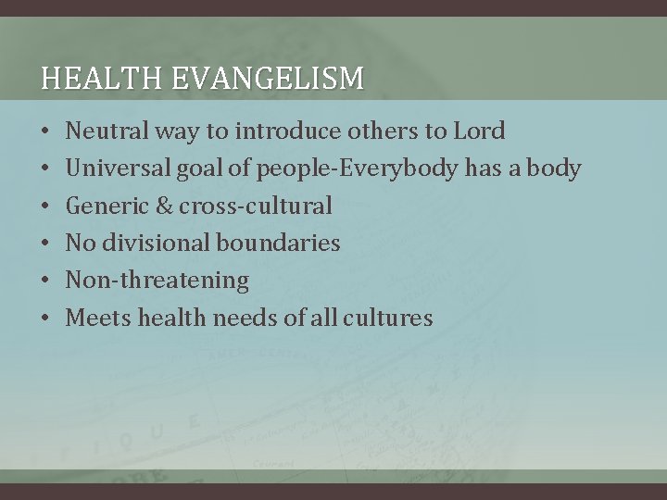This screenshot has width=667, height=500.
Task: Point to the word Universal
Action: click(115, 169)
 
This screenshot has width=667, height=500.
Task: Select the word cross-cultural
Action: click(256, 206)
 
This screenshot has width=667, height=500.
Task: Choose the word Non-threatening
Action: click(157, 281)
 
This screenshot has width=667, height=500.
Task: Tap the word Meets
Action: click(98, 319)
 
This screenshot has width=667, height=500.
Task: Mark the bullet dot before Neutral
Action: click(45, 131)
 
